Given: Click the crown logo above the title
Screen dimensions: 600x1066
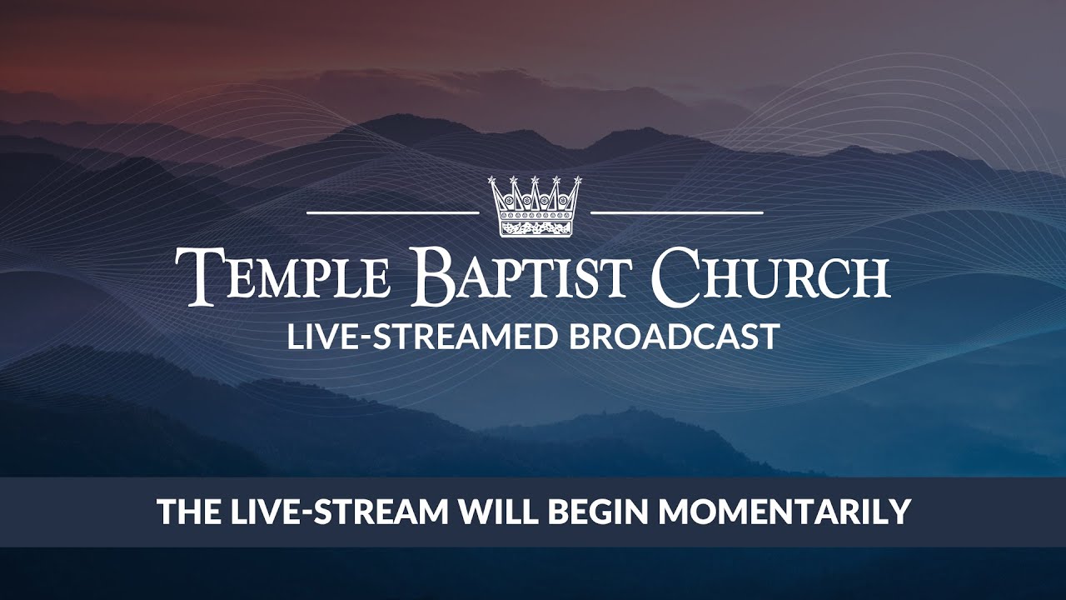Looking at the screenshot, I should click(x=534, y=206).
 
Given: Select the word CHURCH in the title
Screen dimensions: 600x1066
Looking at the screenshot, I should click(x=770, y=276).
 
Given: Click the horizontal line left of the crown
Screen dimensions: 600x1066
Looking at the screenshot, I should click(x=392, y=213).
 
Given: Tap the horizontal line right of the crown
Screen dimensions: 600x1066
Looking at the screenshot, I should click(x=676, y=213).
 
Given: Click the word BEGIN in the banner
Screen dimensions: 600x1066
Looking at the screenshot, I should click(x=594, y=512).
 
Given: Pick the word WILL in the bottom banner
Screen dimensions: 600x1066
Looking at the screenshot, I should click(x=493, y=512).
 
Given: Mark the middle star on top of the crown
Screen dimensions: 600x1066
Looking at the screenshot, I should click(x=535, y=180).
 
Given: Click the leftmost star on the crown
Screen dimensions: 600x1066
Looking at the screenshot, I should click(x=492, y=180).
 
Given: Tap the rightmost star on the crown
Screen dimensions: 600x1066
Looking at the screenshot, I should click(x=576, y=180).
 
